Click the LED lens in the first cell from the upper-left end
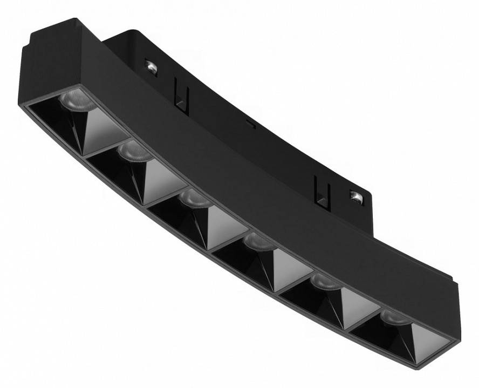[x=76, y=101]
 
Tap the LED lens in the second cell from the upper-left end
[x=133, y=151]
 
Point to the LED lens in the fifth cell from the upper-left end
[x=325, y=281]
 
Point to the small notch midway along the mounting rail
[x=250, y=124]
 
